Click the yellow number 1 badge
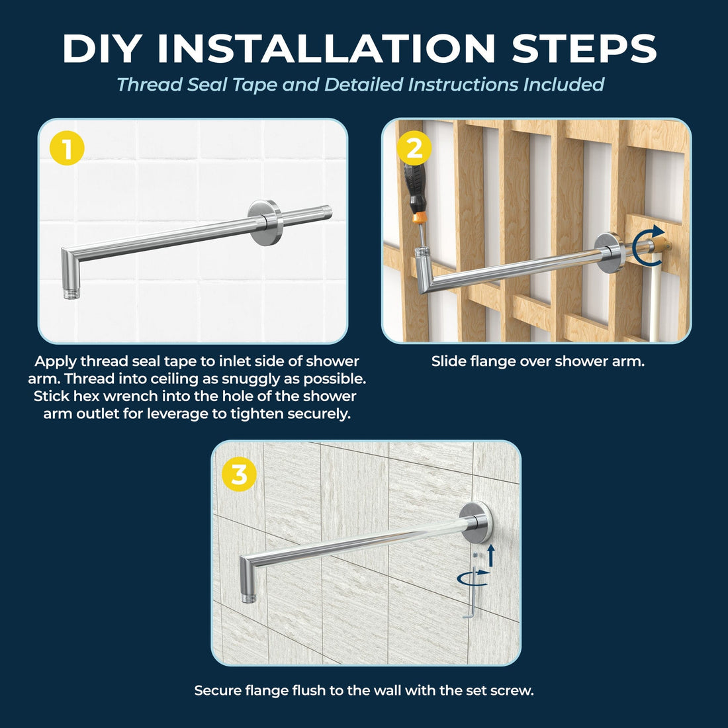click(67, 149)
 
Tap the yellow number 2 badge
click(414, 149)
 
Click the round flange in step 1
click(265, 222)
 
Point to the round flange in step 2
click(609, 251)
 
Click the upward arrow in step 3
click(490, 555)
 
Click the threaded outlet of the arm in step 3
click(250, 597)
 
